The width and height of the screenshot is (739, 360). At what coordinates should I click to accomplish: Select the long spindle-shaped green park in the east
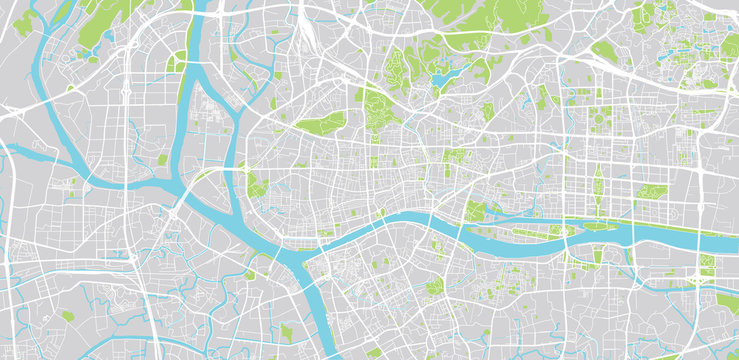click(597, 185)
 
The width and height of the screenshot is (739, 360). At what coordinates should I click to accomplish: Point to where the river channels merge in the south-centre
click(300, 262)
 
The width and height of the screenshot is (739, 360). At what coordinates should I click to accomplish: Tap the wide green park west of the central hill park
click(320, 123)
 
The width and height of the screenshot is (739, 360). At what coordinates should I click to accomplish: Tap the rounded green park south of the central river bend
click(434, 287)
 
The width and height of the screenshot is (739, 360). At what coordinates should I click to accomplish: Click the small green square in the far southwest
click(67, 316)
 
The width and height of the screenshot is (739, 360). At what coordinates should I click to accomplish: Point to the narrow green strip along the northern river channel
click(185, 75)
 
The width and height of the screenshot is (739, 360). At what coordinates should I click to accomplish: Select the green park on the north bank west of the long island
click(475, 210)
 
